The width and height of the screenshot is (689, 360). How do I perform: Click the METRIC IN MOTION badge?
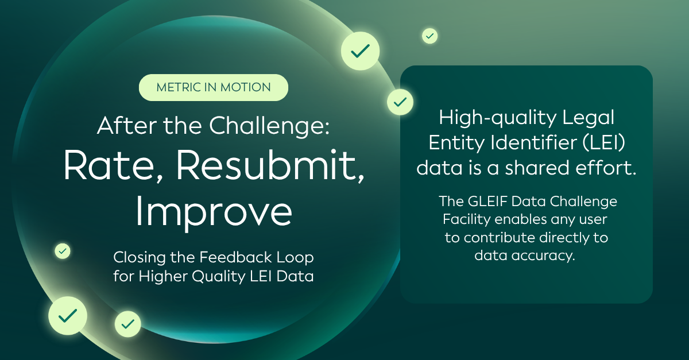pyautogui.click(x=214, y=87)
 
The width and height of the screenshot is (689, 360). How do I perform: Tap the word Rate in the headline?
pyautogui.click(x=109, y=165)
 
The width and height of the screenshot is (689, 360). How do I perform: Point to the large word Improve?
pyautogui.click(x=214, y=212)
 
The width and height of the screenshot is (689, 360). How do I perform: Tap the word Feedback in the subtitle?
pyautogui.click(x=235, y=257)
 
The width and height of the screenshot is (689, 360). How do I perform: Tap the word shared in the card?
pyautogui.click(x=537, y=168)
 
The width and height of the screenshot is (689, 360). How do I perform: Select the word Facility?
pyautogui.click(x=467, y=220)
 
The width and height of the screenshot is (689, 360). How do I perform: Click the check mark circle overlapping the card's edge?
pyautogui.click(x=400, y=102)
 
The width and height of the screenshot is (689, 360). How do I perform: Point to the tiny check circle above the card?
pyautogui.click(x=429, y=36)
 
